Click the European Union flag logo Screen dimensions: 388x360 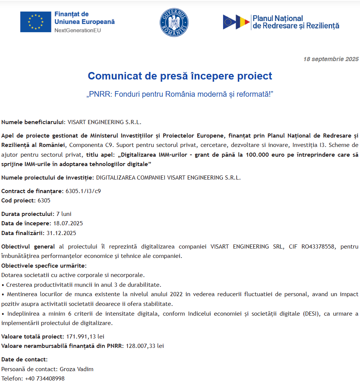36,22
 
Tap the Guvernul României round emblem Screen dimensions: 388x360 174,22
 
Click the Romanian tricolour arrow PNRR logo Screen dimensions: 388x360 236,22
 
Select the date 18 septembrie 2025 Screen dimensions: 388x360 331,59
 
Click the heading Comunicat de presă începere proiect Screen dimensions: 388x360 180,76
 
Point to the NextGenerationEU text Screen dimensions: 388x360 78,30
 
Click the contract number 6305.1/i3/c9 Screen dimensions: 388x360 83,191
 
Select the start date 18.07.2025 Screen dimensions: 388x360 68,223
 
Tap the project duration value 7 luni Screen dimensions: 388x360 64,214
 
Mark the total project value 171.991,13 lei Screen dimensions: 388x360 85,336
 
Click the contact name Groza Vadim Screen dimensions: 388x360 76,369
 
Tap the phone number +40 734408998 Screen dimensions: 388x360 45,379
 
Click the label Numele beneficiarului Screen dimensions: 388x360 33,122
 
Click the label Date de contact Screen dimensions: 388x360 24,360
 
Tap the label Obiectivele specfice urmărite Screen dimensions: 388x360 44,266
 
